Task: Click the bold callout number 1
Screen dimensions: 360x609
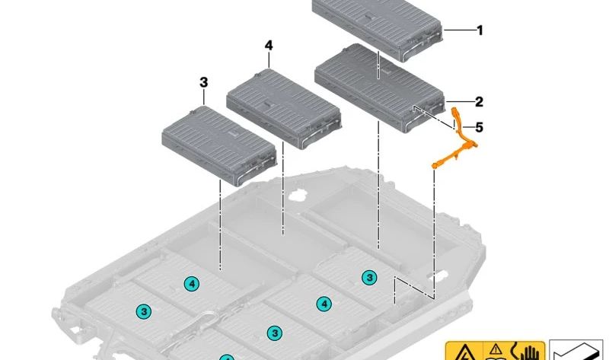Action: (x=480, y=30)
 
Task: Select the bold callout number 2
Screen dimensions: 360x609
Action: (x=479, y=102)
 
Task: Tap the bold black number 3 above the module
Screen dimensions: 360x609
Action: (x=202, y=81)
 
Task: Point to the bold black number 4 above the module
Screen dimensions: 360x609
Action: (x=269, y=46)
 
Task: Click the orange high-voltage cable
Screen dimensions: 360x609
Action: (x=462, y=145)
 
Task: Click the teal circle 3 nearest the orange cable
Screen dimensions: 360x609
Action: (x=369, y=277)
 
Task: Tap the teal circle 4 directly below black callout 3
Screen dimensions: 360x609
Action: (x=191, y=284)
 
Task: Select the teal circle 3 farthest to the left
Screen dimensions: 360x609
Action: (x=142, y=311)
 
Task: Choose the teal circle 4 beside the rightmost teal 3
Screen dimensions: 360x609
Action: (x=324, y=304)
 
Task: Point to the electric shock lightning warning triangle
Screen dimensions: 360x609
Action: (x=463, y=352)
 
